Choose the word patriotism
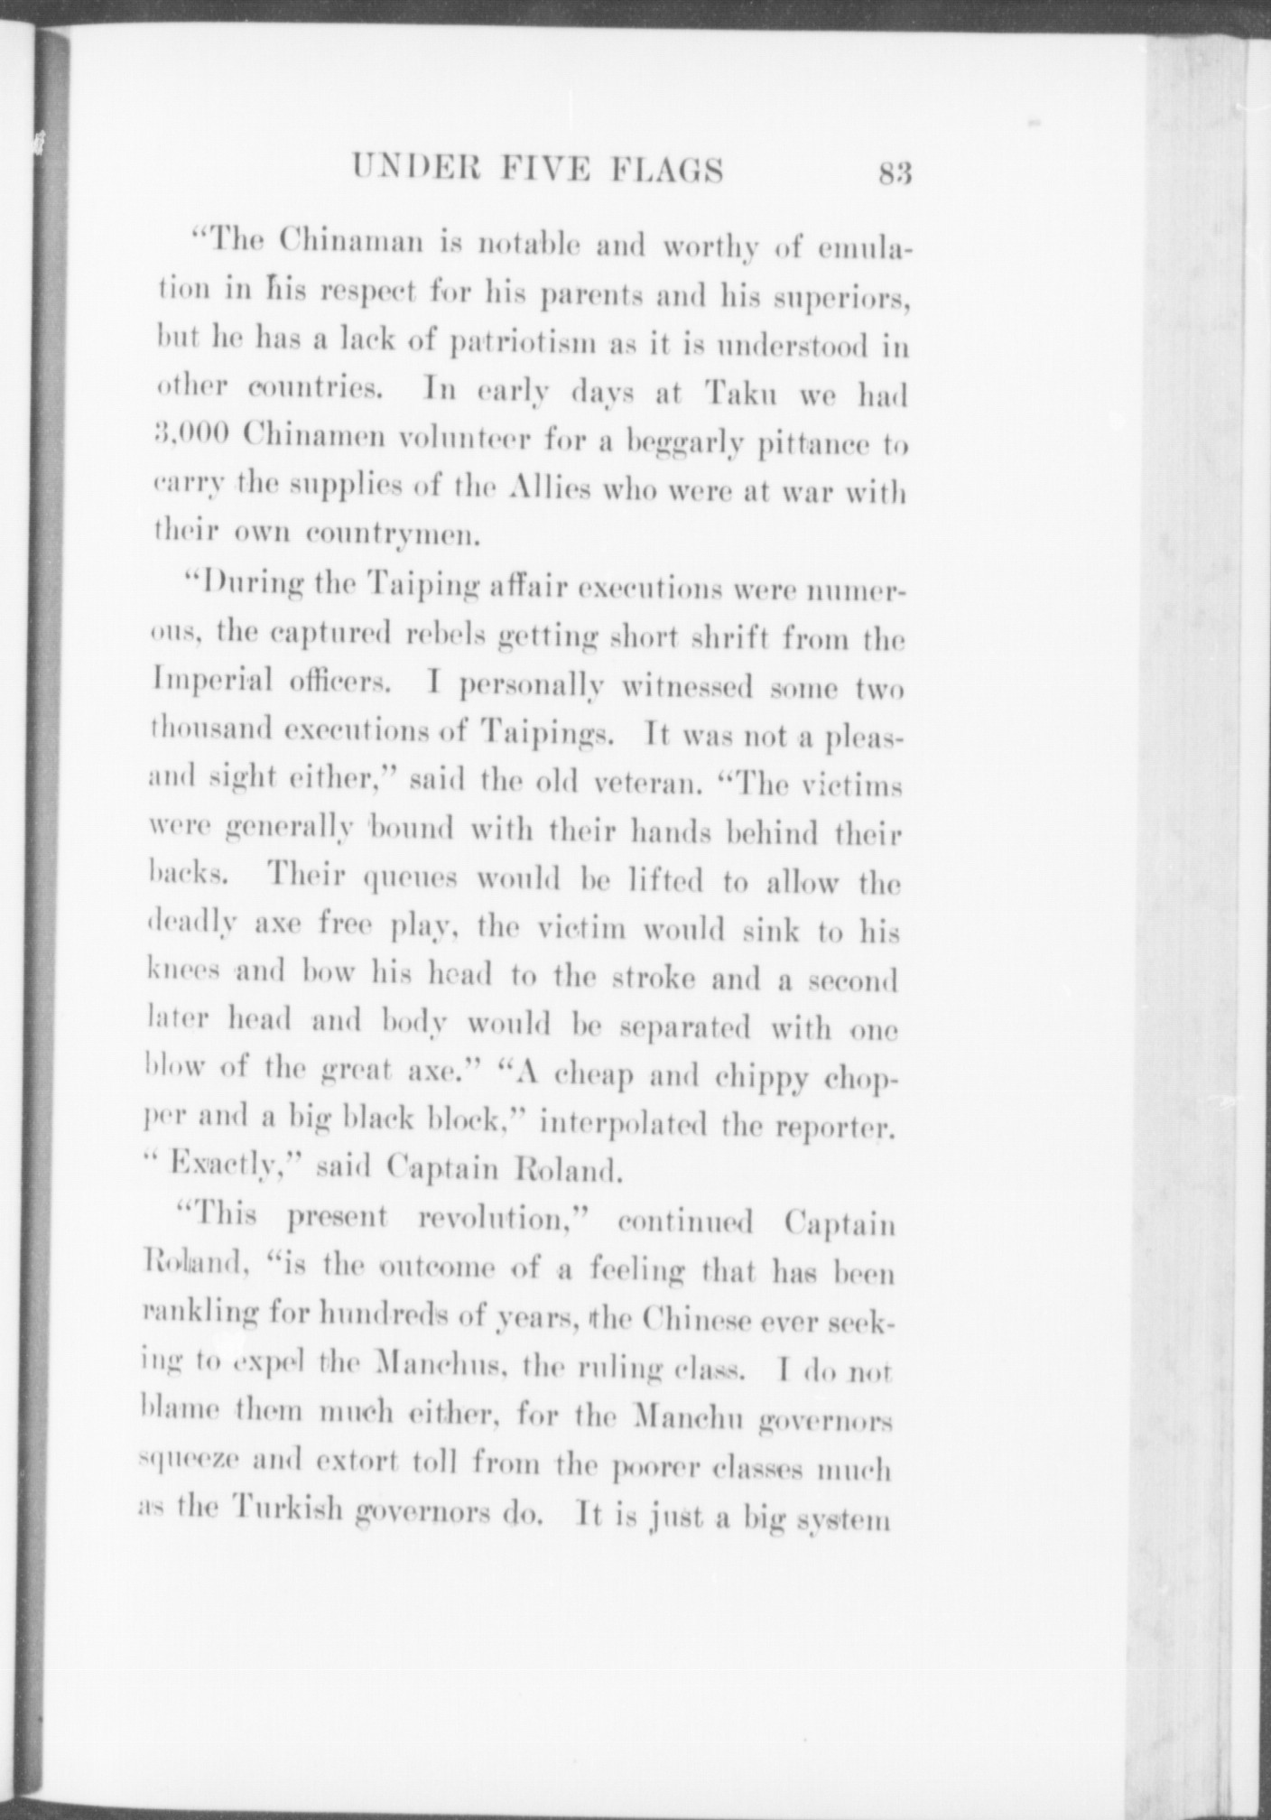click(507, 345)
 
